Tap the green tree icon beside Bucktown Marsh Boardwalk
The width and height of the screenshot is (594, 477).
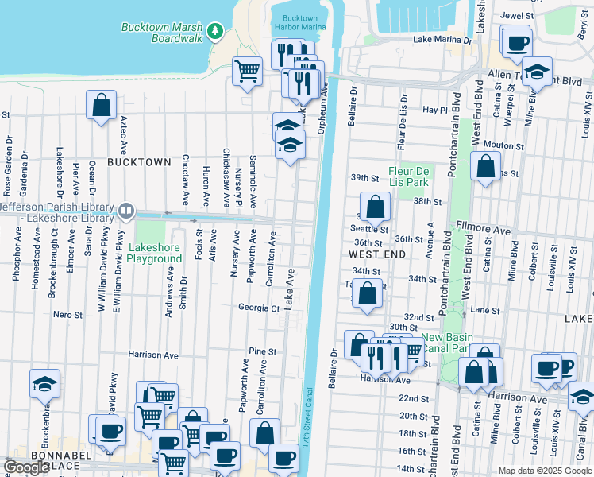click(x=214, y=31)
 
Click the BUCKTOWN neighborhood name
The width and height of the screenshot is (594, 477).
click(x=139, y=162)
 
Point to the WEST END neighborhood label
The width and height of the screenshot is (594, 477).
click(x=378, y=254)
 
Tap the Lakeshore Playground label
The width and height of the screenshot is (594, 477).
click(x=154, y=254)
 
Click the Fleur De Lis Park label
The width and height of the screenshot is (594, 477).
click(x=409, y=176)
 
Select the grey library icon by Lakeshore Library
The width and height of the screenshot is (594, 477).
click(x=125, y=211)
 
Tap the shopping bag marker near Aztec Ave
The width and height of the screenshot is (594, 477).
click(x=102, y=105)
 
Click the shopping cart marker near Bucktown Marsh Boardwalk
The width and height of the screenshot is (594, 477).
click(x=248, y=72)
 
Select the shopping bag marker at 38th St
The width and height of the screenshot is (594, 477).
click(x=376, y=207)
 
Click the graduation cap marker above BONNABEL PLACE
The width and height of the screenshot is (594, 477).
click(x=44, y=385)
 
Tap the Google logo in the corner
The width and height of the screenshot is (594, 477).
click(x=26, y=467)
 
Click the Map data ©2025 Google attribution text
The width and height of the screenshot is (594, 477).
click(x=544, y=471)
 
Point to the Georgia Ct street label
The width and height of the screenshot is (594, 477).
click(x=259, y=308)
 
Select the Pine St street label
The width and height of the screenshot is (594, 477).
click(x=262, y=351)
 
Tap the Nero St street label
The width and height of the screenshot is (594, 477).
click(x=67, y=316)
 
